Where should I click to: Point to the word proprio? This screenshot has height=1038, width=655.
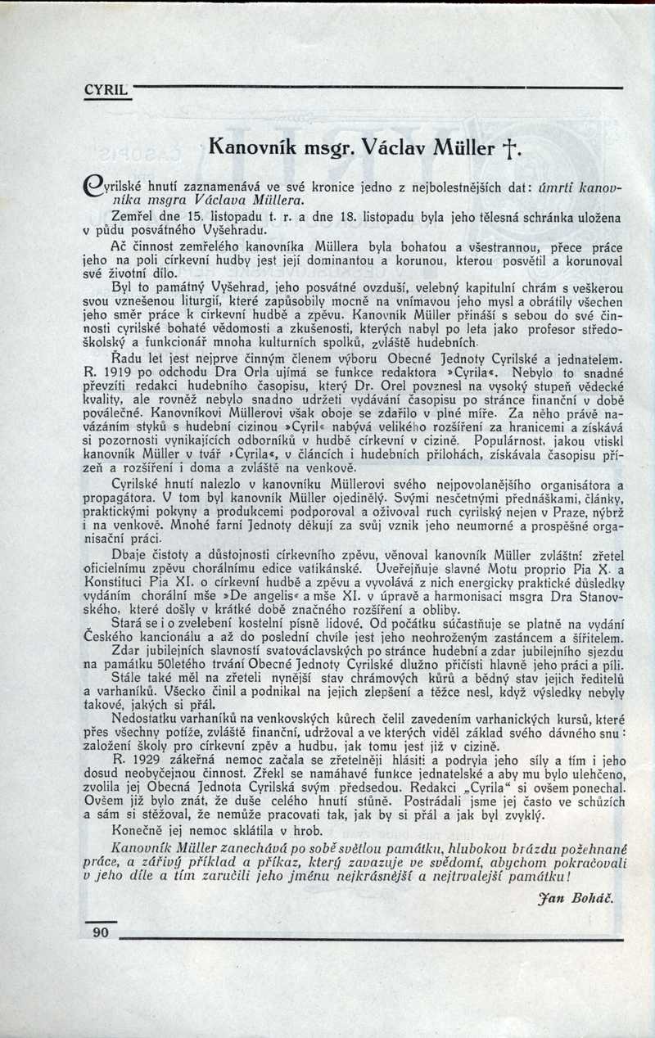(486, 567)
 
